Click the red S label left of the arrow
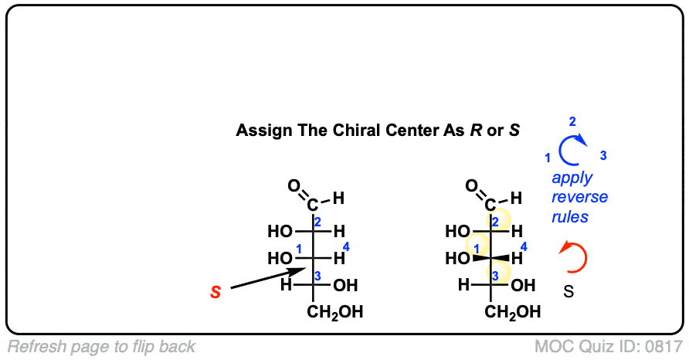216,292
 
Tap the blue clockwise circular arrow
572,151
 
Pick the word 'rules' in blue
570,217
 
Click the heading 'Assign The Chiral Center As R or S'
378,130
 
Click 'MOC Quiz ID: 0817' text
609,347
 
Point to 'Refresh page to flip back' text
101,347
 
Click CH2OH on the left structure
334,313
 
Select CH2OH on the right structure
514,313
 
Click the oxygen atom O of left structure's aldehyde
294,185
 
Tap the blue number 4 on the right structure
524,247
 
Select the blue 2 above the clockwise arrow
572,122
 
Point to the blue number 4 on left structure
346,247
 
